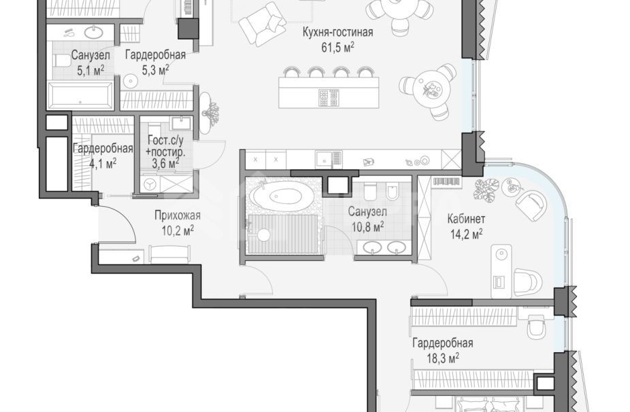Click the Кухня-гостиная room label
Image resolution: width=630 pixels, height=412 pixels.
(338, 32)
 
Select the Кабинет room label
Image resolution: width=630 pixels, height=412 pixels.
(466, 219)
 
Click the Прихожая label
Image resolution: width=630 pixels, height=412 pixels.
(177, 216)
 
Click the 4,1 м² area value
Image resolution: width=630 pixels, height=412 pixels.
(102, 162)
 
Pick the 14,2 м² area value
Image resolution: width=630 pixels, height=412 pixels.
(465, 233)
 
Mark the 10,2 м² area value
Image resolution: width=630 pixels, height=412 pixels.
(177, 230)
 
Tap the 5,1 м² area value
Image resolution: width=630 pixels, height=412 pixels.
(90, 69)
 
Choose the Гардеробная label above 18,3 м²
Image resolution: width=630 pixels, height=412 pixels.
(442, 343)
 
